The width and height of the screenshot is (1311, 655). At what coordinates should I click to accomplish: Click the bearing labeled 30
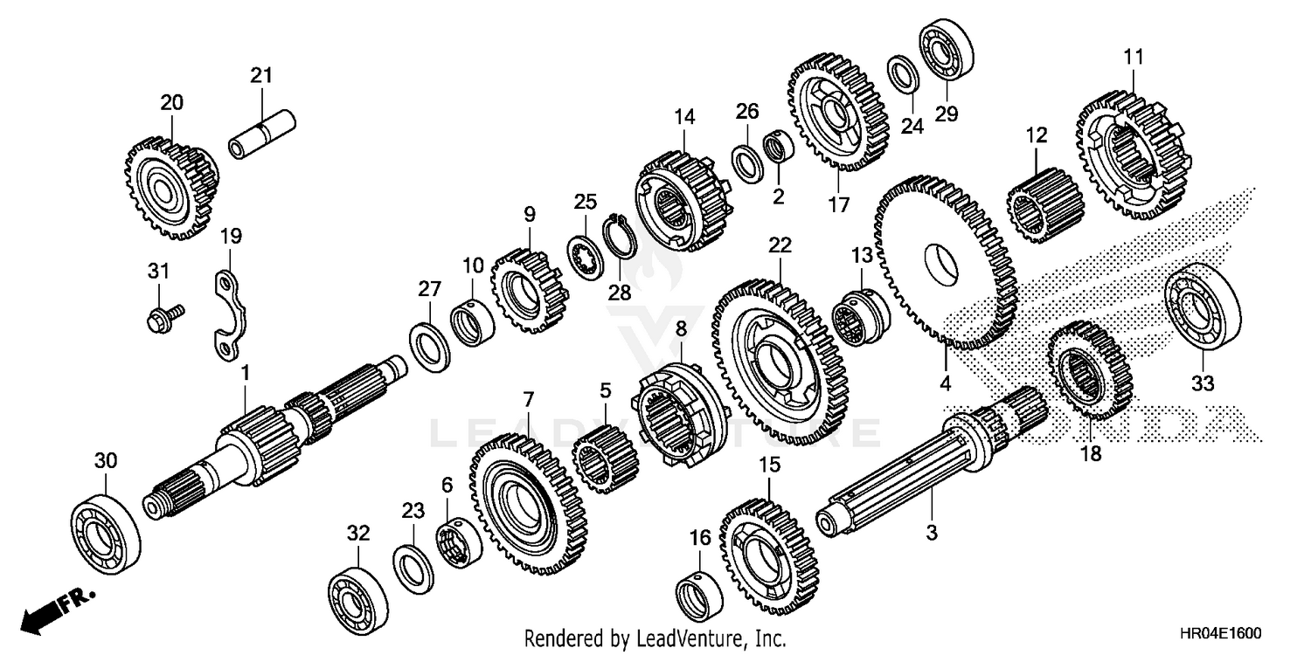106,529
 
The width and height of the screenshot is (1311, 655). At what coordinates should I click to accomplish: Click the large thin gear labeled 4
946,264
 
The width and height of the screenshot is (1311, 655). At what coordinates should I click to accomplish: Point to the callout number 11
1133,57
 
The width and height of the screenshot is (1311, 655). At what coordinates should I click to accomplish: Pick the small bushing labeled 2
774,148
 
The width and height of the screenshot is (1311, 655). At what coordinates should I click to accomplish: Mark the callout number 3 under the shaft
931,532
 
